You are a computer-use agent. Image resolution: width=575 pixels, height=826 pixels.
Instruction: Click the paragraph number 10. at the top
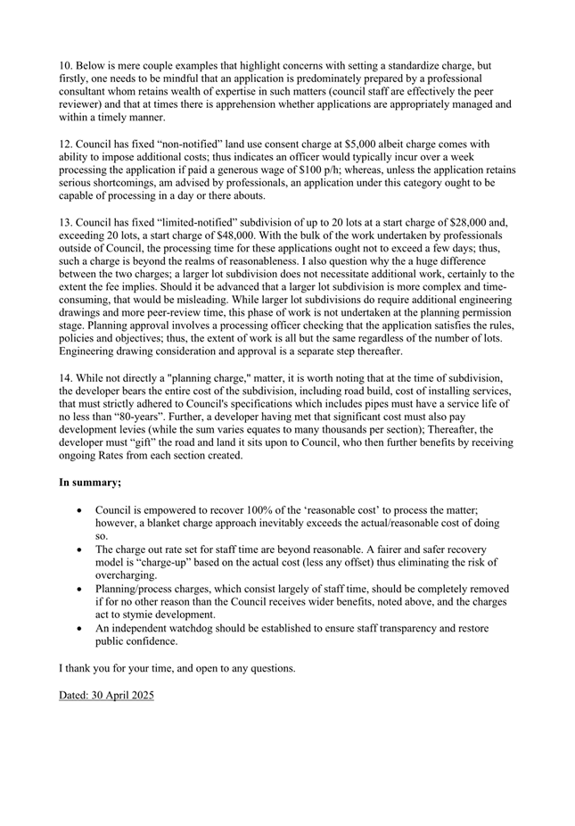pyautogui.click(x=66, y=66)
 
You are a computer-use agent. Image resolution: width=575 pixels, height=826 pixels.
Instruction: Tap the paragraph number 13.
pyautogui.click(x=66, y=222)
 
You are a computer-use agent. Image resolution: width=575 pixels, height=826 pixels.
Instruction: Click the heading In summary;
pyautogui.click(x=90, y=483)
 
